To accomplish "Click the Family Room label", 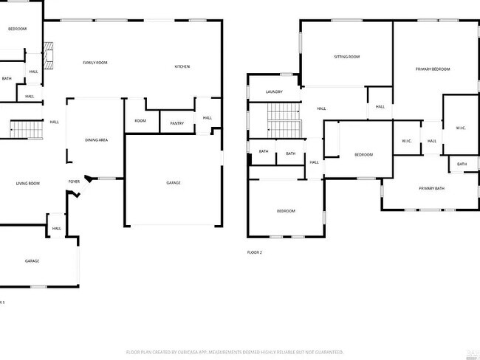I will coord(95,63).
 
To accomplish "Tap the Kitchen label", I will coord(182,66).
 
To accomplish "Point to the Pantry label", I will coord(176,123).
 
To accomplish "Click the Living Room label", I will coord(28,183).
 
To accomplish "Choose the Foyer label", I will coord(74,181).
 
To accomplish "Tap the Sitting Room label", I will coord(346,57).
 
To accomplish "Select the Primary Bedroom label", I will coord(432,69).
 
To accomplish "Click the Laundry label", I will coord(273,91).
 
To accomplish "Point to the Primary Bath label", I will coord(431,189).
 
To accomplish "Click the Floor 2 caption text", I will coord(255,252).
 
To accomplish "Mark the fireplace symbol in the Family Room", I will coord(49,56).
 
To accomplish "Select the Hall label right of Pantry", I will coord(207,118).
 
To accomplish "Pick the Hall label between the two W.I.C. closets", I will coord(432,141).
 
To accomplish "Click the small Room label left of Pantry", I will coord(140,121).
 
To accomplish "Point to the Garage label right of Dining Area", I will coord(173,183).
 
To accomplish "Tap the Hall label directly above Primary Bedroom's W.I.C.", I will coord(380,107).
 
